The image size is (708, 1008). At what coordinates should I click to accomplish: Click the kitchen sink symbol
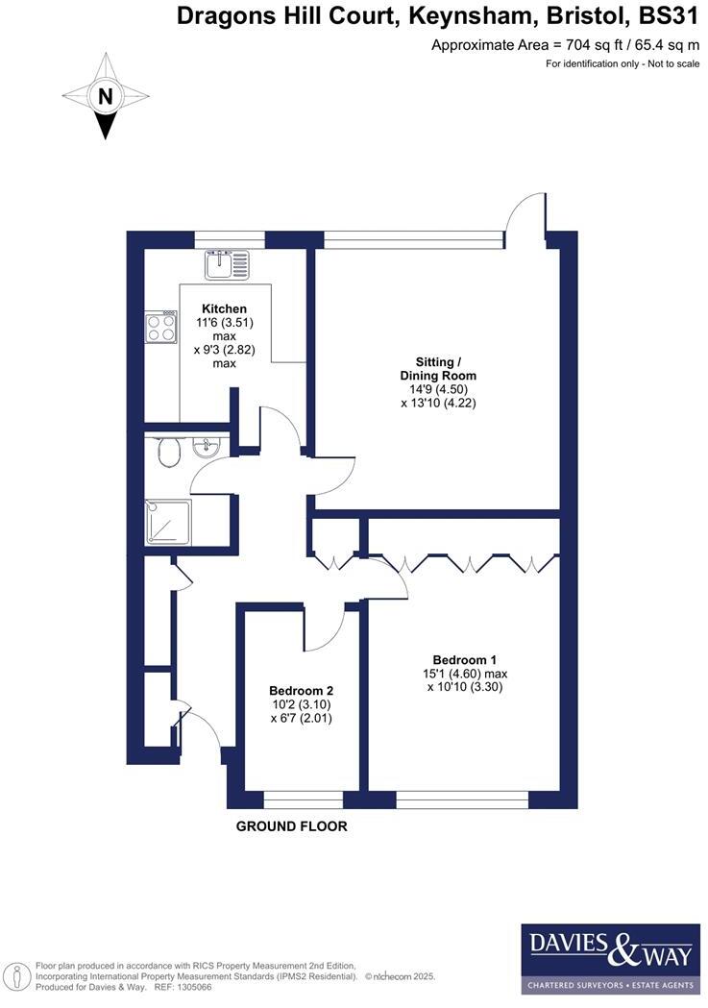pyautogui.click(x=226, y=262)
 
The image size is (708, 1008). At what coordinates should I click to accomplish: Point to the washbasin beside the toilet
pyautogui.click(x=207, y=447)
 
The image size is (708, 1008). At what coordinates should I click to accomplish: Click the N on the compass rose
pyautogui.click(x=106, y=95)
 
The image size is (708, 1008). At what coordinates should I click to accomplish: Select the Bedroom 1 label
pyautogui.click(x=464, y=660)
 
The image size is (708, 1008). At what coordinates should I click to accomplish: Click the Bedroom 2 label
pyautogui.click(x=301, y=691)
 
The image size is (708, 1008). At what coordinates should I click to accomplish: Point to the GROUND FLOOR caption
pyautogui.click(x=292, y=826)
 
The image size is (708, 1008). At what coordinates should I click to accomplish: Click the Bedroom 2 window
pyautogui.click(x=303, y=799)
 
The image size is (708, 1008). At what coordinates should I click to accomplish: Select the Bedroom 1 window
pyautogui.click(x=462, y=799)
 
